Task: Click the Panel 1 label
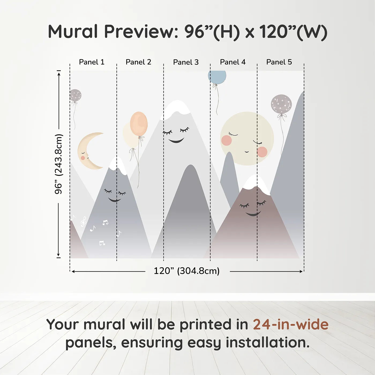(x=92, y=62)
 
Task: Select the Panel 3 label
(x=186, y=62)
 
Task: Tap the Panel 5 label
(x=279, y=62)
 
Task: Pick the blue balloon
(x=217, y=77)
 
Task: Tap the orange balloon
(x=139, y=124)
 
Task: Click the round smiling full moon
(x=247, y=138)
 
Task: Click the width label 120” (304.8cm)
(x=186, y=271)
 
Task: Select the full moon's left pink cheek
(x=227, y=140)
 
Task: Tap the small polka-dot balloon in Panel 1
(x=75, y=95)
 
